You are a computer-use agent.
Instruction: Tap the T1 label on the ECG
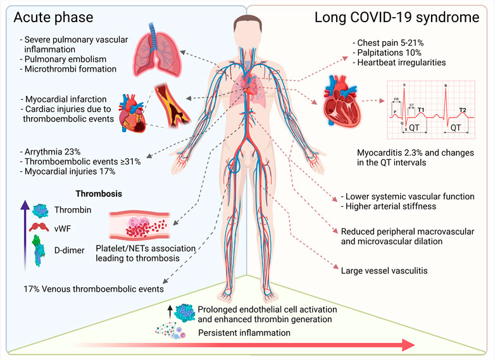click(x=420, y=109)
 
